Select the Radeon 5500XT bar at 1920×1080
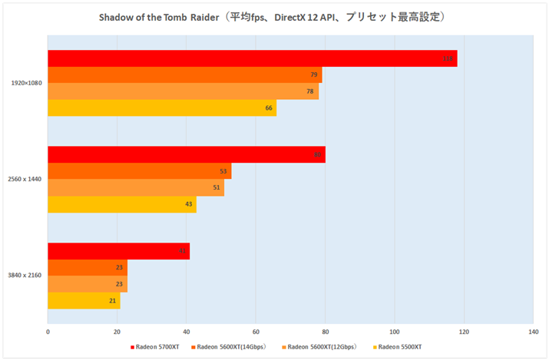tap(161, 108)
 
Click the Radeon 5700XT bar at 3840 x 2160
tap(118, 251)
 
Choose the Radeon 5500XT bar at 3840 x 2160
tap(84, 301)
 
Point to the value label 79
tap(313, 75)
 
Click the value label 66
tap(269, 108)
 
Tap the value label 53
tap(223, 171)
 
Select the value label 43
tap(189, 205)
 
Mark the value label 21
tap(112, 301)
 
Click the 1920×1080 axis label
tap(26, 83)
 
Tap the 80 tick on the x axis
tap(325, 332)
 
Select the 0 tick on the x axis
tap(48, 332)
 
